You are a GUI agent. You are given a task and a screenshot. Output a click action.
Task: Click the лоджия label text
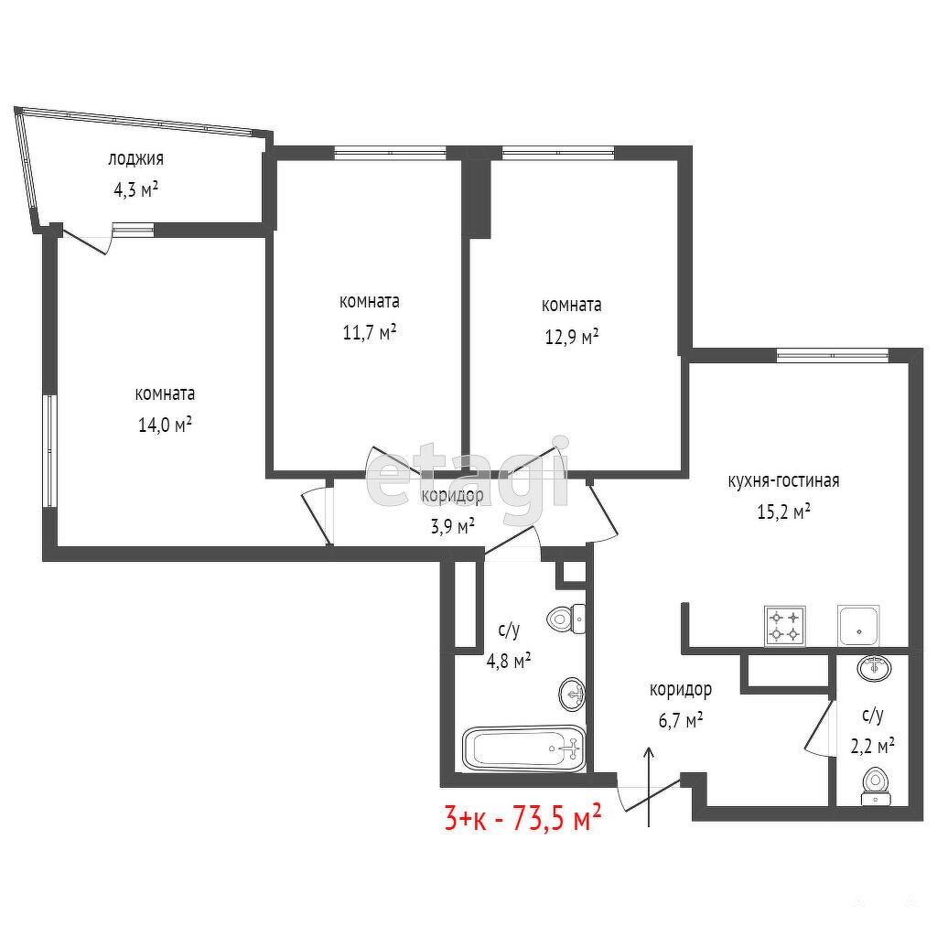[x=135, y=159]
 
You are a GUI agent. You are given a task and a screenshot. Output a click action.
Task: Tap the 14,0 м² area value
[x=165, y=425]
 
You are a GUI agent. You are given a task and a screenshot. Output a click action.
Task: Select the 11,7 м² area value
[x=370, y=331]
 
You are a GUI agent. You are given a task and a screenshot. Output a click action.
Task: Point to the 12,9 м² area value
[x=572, y=337]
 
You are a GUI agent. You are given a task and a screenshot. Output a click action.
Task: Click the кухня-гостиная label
[x=783, y=480]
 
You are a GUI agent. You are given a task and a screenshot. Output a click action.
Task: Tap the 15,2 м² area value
[x=783, y=512]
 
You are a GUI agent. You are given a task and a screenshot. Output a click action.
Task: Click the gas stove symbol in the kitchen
[x=784, y=626]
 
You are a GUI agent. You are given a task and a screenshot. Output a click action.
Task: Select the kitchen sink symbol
[x=858, y=626]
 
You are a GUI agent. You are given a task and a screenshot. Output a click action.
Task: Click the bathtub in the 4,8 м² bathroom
[x=524, y=749]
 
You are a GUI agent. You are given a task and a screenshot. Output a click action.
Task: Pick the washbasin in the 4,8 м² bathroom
[x=572, y=694]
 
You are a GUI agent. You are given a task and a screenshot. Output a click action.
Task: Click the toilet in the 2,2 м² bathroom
[x=876, y=786]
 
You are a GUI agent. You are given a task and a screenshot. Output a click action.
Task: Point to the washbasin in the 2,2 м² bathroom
[x=874, y=668]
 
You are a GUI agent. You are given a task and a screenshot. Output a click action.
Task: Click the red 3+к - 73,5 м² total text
[x=522, y=818]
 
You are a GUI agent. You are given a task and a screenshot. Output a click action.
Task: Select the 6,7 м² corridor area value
[x=681, y=720]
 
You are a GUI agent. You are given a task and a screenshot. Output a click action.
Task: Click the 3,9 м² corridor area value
[x=452, y=526]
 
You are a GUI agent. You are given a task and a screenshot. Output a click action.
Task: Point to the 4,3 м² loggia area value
[x=135, y=190]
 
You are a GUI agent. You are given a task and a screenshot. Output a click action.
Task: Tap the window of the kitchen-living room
[x=833, y=356]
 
